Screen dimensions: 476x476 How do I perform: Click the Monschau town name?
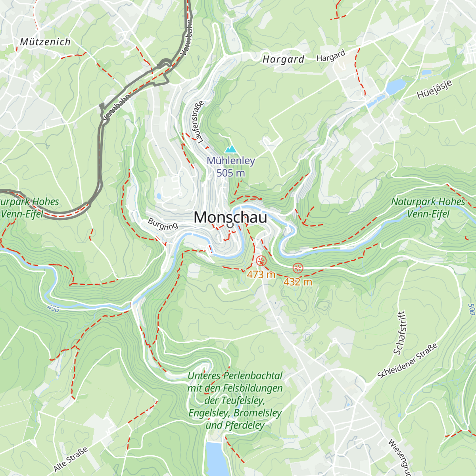coord(230,217)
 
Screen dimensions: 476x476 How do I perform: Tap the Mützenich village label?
coord(45,42)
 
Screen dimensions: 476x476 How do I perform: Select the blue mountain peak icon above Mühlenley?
coord(230,149)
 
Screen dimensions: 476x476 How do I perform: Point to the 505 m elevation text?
coord(230,173)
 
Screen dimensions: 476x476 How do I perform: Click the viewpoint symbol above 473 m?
coord(261,261)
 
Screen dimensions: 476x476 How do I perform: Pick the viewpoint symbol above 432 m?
coord(297,268)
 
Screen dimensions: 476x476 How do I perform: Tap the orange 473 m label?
coord(261,274)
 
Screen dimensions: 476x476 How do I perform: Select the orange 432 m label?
coord(297,282)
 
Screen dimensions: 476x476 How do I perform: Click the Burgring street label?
coord(163,224)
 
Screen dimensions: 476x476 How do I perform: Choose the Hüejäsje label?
coord(434,89)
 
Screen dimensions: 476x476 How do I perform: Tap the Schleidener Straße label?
coord(407,361)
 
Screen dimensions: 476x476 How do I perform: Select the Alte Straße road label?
coord(70,459)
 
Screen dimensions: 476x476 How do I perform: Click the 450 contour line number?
coord(53,308)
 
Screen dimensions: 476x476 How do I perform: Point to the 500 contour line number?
coord(471,309)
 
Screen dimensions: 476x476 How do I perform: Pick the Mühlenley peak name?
coord(230,161)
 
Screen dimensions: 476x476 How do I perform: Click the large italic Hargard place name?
coord(283,59)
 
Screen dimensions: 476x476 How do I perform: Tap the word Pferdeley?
coord(244,426)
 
